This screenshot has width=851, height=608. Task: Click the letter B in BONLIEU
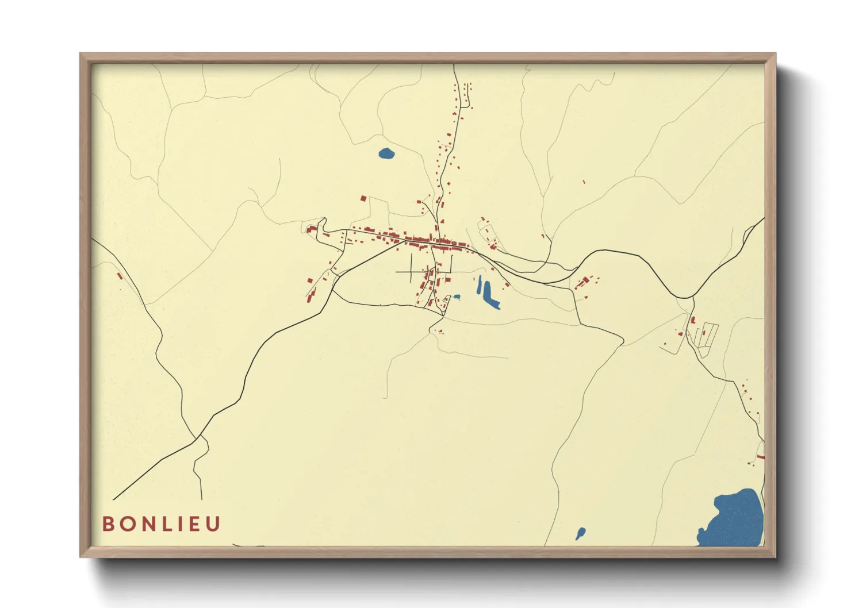(x=108, y=524)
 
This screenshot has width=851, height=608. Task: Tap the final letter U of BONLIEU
(x=213, y=524)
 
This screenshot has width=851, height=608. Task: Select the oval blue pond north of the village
(x=386, y=153)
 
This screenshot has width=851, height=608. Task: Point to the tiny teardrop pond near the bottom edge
(x=580, y=533)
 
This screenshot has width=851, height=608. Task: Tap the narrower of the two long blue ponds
(x=480, y=285)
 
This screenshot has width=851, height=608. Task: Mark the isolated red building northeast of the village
(x=584, y=182)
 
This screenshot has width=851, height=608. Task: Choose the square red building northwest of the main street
(x=363, y=198)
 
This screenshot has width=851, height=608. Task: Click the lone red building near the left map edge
(x=120, y=275)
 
